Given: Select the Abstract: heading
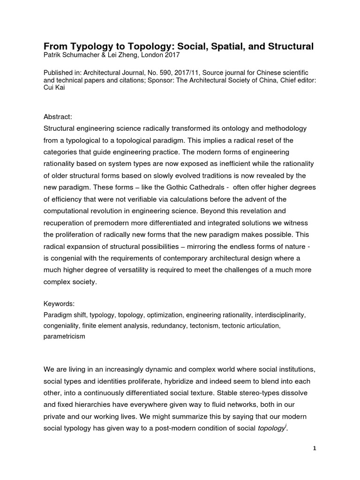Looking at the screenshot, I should pyautogui.click(x=59, y=117).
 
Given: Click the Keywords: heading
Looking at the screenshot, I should pyautogui.click(x=59, y=304).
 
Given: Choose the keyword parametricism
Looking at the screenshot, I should pyautogui.click(x=64, y=336).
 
